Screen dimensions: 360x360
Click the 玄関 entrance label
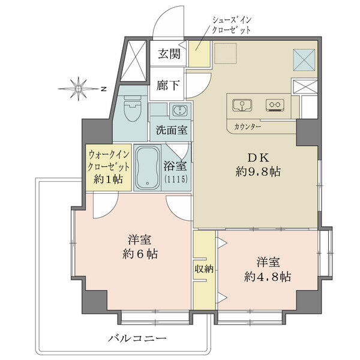(x=169, y=54)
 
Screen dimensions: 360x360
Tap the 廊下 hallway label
(x=168, y=85)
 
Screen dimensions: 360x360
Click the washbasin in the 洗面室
(x=180, y=111)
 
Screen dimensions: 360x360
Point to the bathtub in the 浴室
(x=147, y=167)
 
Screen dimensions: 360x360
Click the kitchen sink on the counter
(x=242, y=106)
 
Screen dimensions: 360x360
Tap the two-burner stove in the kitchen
(x=275, y=106)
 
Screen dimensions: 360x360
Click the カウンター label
(x=247, y=127)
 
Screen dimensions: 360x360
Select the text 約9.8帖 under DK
(x=258, y=171)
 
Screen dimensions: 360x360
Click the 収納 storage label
(x=205, y=269)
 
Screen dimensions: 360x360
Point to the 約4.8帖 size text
(x=268, y=277)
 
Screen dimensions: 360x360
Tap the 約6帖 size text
(x=140, y=254)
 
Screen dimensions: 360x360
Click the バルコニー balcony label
(x=137, y=338)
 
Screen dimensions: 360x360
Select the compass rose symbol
(x=79, y=89)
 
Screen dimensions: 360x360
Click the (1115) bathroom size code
(x=176, y=178)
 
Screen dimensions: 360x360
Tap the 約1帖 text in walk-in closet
(x=108, y=179)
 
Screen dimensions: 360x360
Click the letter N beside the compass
(x=104, y=89)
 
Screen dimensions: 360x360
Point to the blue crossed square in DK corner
(x=304, y=60)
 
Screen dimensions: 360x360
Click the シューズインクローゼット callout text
(x=232, y=25)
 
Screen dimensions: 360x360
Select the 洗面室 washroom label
(x=172, y=130)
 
